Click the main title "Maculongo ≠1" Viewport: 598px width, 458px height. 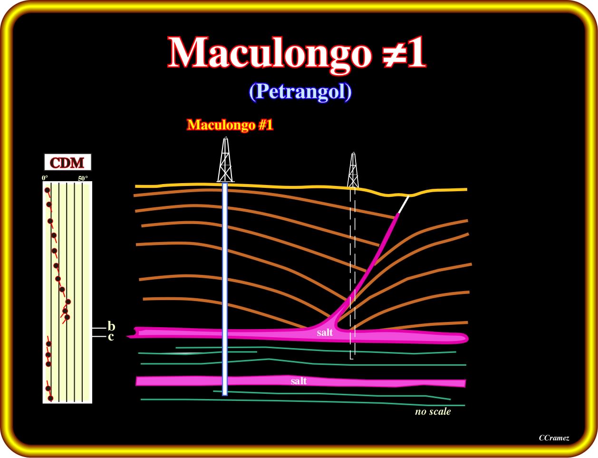(297, 53)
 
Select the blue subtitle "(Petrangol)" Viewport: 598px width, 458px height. (300, 91)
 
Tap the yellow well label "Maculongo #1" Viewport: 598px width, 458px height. (230, 125)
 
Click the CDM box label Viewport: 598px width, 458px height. (68, 162)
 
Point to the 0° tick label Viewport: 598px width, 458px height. (45, 178)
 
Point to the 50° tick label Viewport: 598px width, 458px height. (83, 178)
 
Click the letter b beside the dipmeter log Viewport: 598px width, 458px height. (111, 326)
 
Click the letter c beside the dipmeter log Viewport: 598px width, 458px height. (111, 337)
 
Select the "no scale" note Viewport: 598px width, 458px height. (433, 411)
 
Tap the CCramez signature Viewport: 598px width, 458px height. (554, 438)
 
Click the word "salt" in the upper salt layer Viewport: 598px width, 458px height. (325, 332)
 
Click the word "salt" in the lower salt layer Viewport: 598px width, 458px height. (299, 381)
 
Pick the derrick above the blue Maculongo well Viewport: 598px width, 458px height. (225, 160)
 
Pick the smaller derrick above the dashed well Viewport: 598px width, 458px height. (353, 170)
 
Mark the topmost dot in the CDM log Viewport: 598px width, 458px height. (48, 190)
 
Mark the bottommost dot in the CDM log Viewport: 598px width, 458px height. (50, 398)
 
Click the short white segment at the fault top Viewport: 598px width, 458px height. (404, 205)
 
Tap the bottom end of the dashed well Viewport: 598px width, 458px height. (351, 359)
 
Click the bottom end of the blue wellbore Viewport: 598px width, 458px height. (225, 394)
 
